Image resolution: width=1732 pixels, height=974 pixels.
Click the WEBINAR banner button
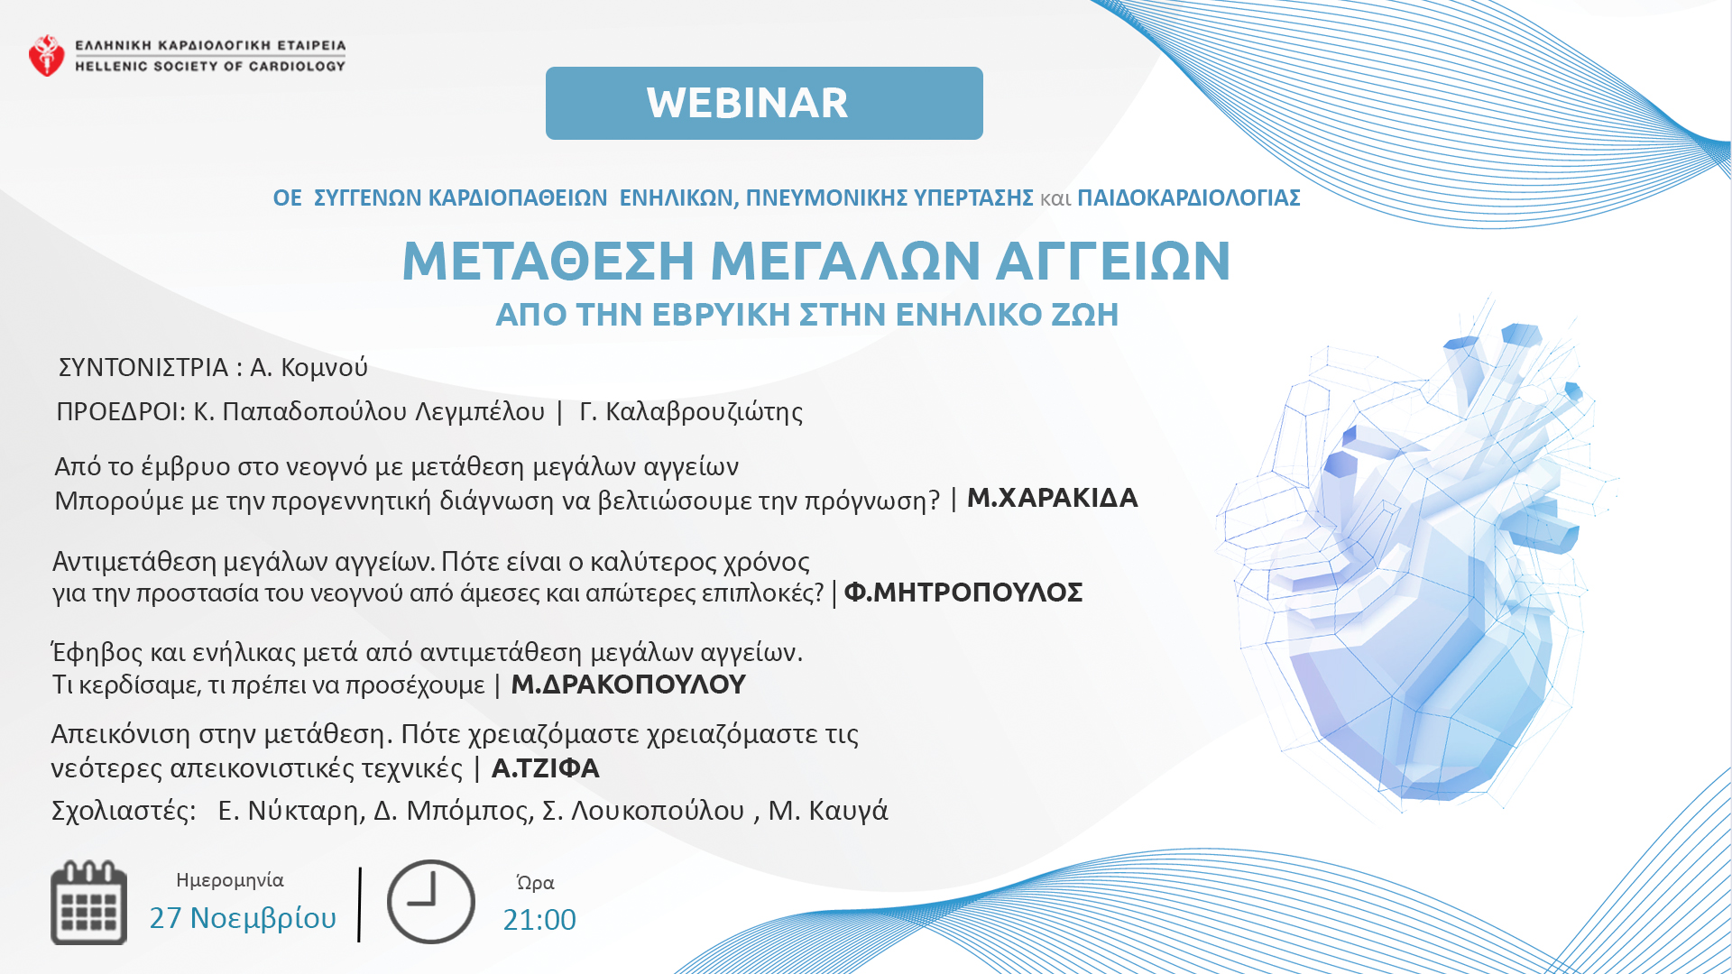(x=764, y=103)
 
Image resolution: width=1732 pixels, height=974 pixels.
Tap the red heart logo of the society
(x=46, y=55)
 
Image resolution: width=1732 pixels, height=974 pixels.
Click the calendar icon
(x=88, y=903)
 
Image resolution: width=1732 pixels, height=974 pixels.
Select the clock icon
(x=431, y=902)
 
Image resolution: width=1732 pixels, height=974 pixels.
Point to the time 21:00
(x=539, y=920)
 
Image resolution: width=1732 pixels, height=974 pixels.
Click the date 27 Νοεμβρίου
(x=243, y=918)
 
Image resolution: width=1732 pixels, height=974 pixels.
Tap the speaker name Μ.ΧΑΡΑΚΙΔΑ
(x=1053, y=498)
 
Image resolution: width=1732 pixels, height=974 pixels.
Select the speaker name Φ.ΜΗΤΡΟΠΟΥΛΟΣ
(x=963, y=593)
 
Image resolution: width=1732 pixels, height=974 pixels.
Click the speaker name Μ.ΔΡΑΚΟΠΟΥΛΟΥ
(x=629, y=685)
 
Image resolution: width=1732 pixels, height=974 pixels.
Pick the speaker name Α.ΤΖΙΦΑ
(x=546, y=768)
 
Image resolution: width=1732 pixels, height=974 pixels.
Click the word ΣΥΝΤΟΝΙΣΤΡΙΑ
(x=143, y=368)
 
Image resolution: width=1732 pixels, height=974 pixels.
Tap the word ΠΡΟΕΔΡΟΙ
(x=121, y=412)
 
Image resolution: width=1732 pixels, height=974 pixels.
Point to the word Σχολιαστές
(x=124, y=811)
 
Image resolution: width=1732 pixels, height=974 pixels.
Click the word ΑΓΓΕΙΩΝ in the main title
(x=1113, y=262)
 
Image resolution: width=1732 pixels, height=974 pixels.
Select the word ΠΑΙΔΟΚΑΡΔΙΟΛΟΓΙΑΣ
(x=1189, y=198)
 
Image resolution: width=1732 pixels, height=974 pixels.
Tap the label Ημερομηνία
(x=230, y=880)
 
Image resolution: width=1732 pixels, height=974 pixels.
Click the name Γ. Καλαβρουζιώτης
(x=691, y=412)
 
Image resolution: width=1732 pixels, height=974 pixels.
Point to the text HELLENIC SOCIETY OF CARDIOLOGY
(x=210, y=66)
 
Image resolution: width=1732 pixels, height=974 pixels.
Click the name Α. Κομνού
(x=309, y=368)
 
